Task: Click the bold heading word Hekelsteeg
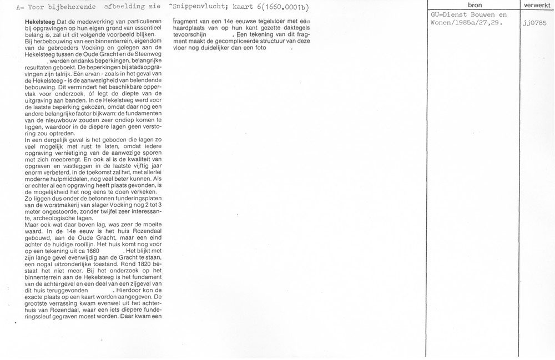coord(32,21)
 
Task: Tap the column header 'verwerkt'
coord(537,5)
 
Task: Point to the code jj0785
coord(534,24)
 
